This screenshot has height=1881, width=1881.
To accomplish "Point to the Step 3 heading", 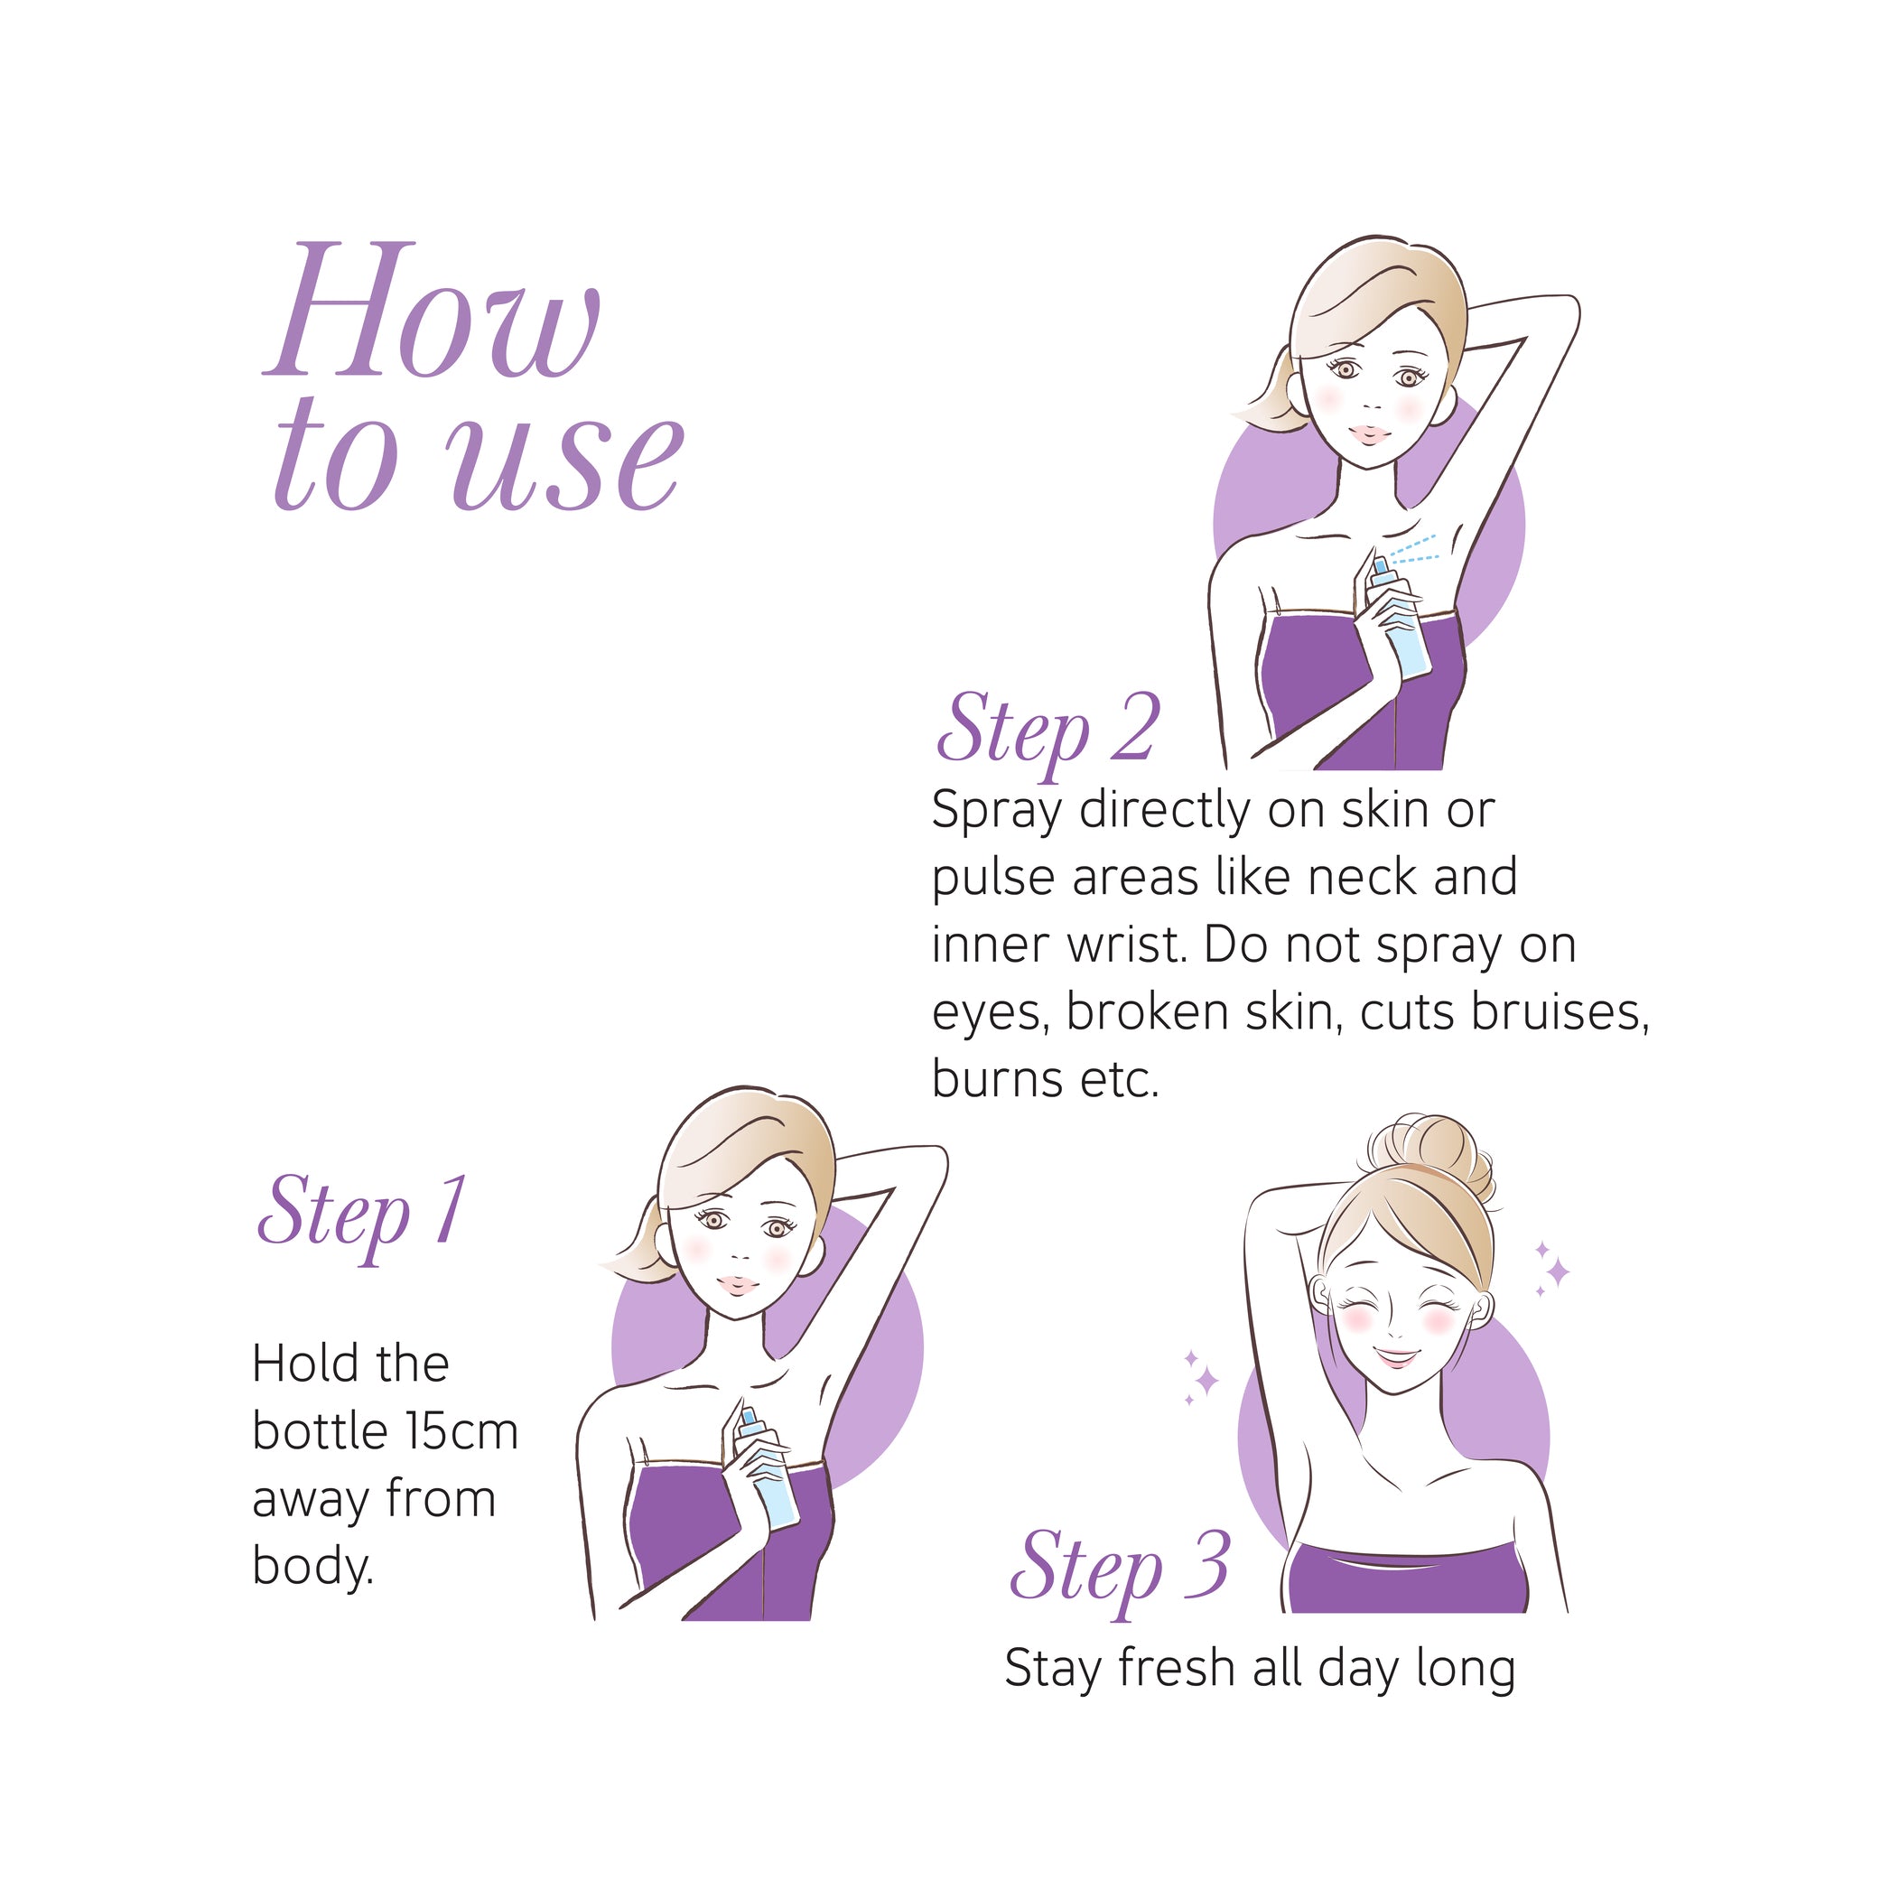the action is pyautogui.click(x=1120, y=1569).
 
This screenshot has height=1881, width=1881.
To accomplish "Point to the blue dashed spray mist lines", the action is pyautogui.click(x=1412, y=549).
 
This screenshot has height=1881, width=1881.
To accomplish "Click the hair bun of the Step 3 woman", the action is pyautogui.click(x=1427, y=1159).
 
